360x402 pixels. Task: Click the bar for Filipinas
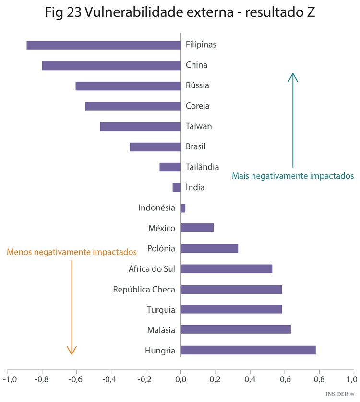pos(103,45)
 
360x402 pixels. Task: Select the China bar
pos(111,66)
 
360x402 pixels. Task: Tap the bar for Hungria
pos(248,350)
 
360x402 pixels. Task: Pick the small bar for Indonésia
pos(183,208)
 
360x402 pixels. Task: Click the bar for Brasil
pos(155,147)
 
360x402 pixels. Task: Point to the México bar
pos(197,228)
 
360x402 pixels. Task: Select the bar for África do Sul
pos(227,269)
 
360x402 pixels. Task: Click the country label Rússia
pos(197,85)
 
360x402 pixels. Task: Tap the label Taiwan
pos(199,126)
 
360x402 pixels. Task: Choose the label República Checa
pos(144,289)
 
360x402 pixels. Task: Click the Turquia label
pos(161,310)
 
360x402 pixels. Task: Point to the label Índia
pos(195,187)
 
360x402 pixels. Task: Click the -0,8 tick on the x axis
pos(42,380)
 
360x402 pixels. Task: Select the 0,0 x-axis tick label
pos(180,380)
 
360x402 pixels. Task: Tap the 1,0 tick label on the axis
pos(354,380)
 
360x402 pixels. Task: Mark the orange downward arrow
pos(72,307)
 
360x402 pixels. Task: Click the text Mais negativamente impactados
pos(293,176)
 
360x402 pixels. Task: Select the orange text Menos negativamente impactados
pos(72,251)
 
